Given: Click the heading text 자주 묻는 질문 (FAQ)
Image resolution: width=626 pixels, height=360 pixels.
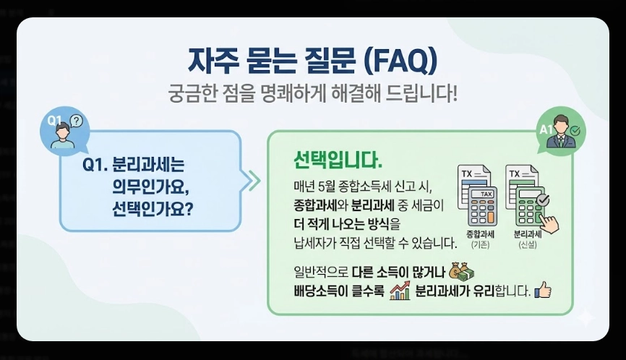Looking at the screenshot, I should click(x=313, y=61).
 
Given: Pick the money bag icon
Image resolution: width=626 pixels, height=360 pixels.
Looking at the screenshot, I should click(x=463, y=271).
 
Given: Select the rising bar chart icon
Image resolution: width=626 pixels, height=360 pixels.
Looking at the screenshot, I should click(x=399, y=291).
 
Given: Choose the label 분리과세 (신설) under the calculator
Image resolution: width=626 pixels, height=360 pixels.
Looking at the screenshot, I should click(x=528, y=239).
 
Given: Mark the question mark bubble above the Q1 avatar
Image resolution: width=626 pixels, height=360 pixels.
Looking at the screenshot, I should click(x=77, y=121).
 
